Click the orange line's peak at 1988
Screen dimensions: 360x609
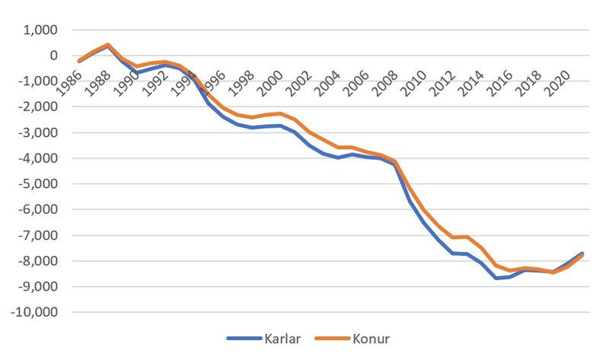(108, 45)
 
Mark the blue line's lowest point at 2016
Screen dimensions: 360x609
(496, 279)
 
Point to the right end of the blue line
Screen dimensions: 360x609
(582, 253)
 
